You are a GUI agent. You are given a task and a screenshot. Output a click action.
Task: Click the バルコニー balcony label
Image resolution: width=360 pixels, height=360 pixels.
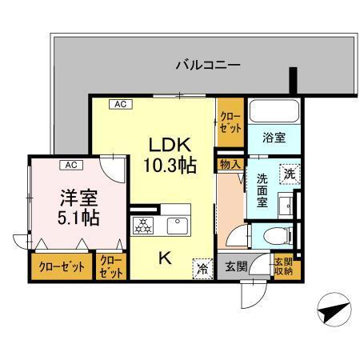coord(207,65)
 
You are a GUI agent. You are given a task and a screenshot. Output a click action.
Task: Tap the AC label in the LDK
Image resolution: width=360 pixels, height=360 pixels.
coord(118,103)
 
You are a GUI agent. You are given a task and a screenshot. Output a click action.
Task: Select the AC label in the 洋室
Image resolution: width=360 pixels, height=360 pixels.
coord(70,165)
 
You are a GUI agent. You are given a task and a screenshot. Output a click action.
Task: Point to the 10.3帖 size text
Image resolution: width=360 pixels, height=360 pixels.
coord(170,166)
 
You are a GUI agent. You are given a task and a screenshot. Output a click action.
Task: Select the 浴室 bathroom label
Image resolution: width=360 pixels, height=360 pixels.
coord(274,137)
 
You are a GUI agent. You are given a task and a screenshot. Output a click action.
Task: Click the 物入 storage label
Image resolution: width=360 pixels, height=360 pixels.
coord(229,163)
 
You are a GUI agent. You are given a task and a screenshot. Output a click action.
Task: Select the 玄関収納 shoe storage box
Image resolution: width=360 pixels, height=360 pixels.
coord(283,266)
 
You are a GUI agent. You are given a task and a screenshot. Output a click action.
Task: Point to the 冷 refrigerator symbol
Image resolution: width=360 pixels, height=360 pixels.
coord(202,269)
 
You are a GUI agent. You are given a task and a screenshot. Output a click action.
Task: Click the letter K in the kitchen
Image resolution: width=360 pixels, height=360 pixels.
coord(162,258)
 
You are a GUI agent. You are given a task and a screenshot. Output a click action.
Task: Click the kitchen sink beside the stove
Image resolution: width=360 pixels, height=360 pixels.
coord(178,226)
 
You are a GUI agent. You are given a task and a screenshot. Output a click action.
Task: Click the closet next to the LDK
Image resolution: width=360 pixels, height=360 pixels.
coord(229,122)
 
